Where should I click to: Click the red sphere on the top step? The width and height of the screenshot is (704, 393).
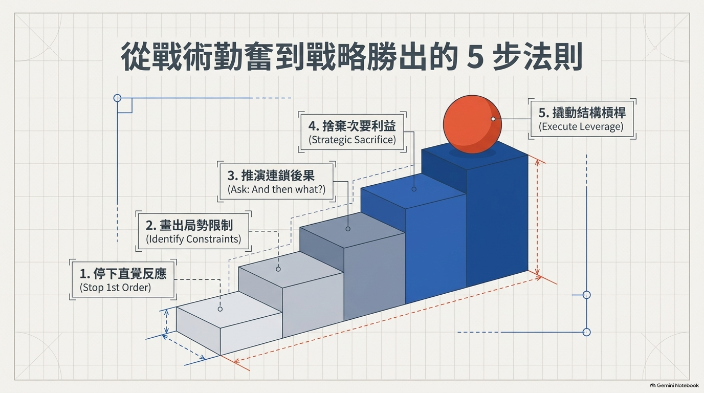pos(472,124)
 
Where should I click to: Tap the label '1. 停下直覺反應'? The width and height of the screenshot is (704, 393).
pos(123,274)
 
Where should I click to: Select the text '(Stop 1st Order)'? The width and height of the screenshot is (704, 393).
pos(115,288)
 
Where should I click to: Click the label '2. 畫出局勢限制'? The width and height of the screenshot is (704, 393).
pos(189,226)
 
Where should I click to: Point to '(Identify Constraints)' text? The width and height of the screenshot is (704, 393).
pos(193,239)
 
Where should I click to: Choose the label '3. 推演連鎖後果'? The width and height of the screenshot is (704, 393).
pos(271,176)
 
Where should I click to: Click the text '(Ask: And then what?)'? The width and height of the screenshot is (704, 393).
pos(277,189)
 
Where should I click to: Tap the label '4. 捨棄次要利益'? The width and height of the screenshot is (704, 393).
pos(352,126)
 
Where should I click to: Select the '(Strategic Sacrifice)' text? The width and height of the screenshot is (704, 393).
pos(352,140)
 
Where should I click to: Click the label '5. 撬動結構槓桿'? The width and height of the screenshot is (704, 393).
pos(582,113)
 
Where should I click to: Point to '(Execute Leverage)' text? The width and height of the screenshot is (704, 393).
pos(581,126)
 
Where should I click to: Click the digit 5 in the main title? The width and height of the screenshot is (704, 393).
pos(475,57)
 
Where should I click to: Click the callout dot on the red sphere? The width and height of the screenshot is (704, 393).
pos(493,119)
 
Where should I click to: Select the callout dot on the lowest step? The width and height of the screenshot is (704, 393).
pos(220,309)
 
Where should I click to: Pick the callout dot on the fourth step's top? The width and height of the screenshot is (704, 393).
pos(414,189)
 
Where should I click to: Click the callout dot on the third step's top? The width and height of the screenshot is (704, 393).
pos(348,229)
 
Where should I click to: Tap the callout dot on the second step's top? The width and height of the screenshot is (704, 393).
pos(278,269)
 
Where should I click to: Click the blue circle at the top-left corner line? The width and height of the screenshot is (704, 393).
pos(117,98)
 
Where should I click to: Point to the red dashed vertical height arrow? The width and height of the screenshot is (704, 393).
pos(537,217)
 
